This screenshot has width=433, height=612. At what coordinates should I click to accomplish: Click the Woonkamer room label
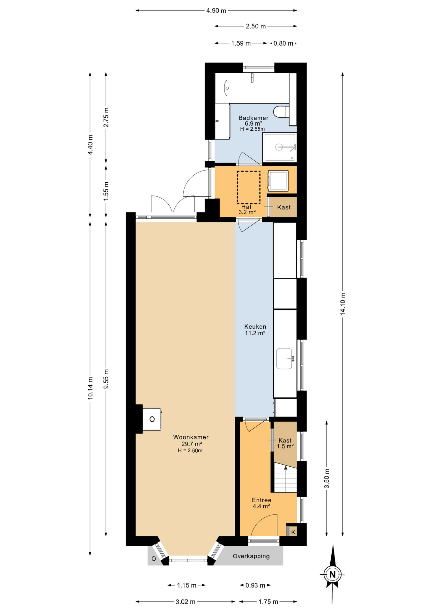tap(191, 437)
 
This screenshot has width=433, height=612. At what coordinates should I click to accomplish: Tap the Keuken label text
tap(255, 326)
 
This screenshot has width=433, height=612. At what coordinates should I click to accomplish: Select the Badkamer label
tap(253, 118)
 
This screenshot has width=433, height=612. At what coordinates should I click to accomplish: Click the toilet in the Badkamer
tap(281, 112)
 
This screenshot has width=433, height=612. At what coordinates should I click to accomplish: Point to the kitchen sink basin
tap(284, 359)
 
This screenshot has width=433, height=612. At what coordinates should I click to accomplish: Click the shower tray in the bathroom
tap(279, 147)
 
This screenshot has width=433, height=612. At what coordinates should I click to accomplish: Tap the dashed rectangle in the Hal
tap(248, 187)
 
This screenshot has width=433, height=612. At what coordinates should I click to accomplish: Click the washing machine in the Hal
tap(278, 181)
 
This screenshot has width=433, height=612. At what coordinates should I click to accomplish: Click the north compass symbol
tap(333, 574)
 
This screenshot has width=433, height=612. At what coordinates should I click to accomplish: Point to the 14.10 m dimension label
tap(343, 304)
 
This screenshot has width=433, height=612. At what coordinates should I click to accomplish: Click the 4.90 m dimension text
tap(216, 11)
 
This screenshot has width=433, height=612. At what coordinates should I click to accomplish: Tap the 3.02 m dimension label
tap(186, 602)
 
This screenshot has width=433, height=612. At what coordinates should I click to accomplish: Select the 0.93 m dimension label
tap(255, 585)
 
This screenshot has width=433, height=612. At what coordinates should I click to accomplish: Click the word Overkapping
tap(251, 556)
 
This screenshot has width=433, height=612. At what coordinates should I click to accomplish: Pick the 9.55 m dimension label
tap(106, 379)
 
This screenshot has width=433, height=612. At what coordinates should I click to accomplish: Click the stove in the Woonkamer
tap(152, 419)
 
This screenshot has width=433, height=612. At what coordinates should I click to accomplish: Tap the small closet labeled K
tap(292, 532)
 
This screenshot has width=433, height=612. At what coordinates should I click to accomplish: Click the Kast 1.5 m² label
tap(285, 443)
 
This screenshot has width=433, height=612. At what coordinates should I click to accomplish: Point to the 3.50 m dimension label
tap(327, 478)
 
